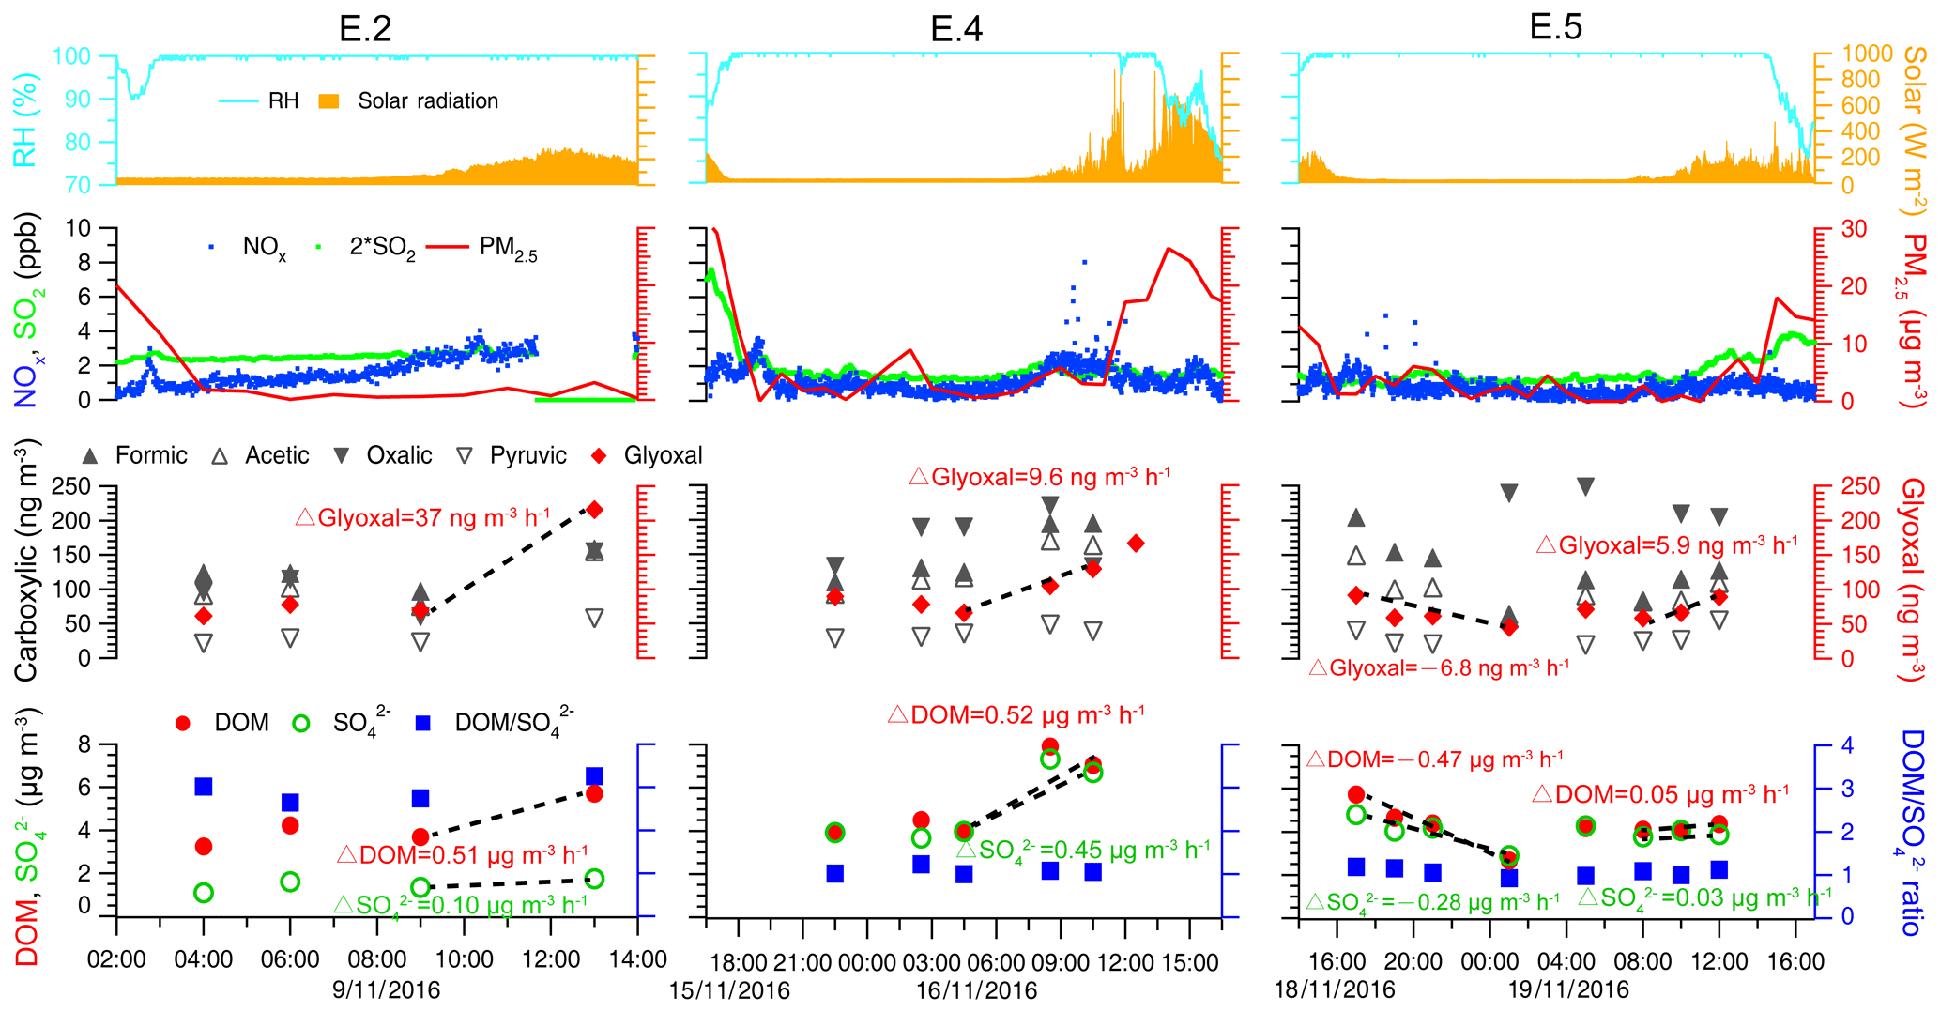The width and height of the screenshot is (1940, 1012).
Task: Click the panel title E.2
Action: [365, 28]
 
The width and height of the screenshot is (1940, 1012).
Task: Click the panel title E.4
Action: [956, 29]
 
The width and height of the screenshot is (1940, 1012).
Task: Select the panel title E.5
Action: [1555, 26]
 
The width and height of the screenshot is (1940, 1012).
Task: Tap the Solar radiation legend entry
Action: [427, 101]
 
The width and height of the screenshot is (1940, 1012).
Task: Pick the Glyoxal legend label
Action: [663, 456]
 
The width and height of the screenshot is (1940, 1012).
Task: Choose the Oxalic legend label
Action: [399, 456]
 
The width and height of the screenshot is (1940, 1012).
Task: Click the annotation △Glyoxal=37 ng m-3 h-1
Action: [422, 517]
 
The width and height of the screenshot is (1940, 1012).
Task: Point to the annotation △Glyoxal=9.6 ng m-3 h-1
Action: [1039, 476]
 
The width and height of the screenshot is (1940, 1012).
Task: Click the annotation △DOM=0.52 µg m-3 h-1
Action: [1016, 714]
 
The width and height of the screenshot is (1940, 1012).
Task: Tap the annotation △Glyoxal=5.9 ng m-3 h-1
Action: [1666, 544]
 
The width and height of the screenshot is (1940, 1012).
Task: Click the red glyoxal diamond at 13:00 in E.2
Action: [594, 510]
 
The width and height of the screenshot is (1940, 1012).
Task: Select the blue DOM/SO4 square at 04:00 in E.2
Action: [204, 787]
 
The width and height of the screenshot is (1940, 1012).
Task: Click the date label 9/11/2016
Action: [386, 990]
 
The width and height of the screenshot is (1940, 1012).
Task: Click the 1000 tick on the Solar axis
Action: [1867, 54]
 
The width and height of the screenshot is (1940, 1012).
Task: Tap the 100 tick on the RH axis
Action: [71, 56]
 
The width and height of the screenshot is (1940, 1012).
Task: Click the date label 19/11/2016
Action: [1568, 990]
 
